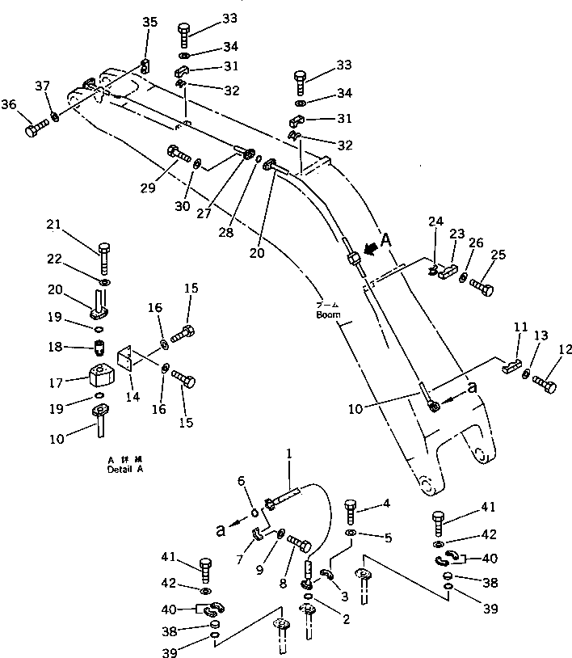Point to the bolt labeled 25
[x=481, y=285]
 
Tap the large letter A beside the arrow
[x=385, y=239]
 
